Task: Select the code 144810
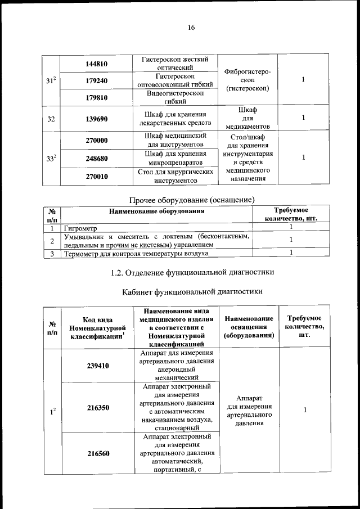[x=96, y=64]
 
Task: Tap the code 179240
[x=96, y=81]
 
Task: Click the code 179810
[x=96, y=98]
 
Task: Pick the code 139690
[x=96, y=119]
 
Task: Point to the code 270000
[x=96, y=140]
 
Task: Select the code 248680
[x=96, y=159]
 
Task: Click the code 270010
[x=96, y=177]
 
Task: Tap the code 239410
[x=98, y=365]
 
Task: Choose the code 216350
[x=98, y=410]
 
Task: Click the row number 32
[x=51, y=119]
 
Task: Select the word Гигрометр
[x=81, y=229]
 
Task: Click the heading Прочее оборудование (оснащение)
[x=192, y=200]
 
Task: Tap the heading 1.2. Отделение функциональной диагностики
[x=192, y=272]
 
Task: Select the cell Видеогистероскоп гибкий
[x=174, y=98]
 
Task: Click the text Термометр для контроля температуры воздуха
[x=136, y=254]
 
